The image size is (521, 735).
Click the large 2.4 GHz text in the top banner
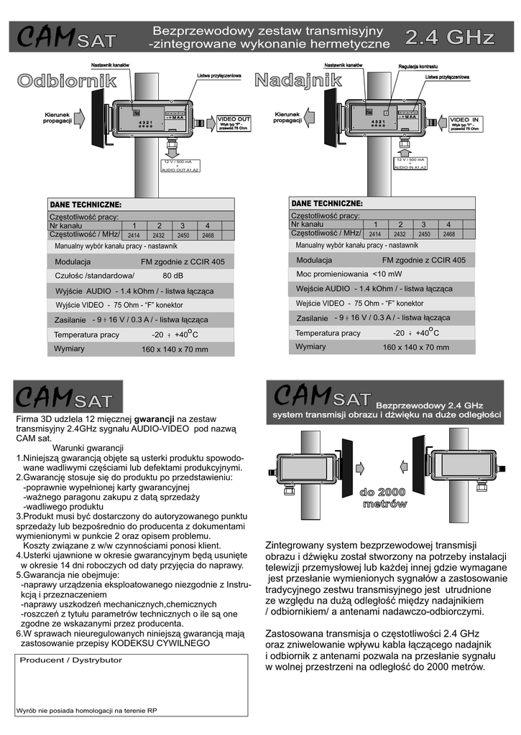point(450,37)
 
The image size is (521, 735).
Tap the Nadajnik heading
point(298,81)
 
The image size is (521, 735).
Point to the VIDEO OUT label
point(234,118)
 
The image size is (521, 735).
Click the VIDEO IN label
point(464,119)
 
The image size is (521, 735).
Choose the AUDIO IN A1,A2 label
point(410,167)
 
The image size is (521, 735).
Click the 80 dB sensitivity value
point(172,276)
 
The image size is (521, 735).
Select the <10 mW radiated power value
point(387,274)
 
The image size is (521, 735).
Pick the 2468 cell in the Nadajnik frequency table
point(449,234)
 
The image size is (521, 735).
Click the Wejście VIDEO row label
point(321,303)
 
